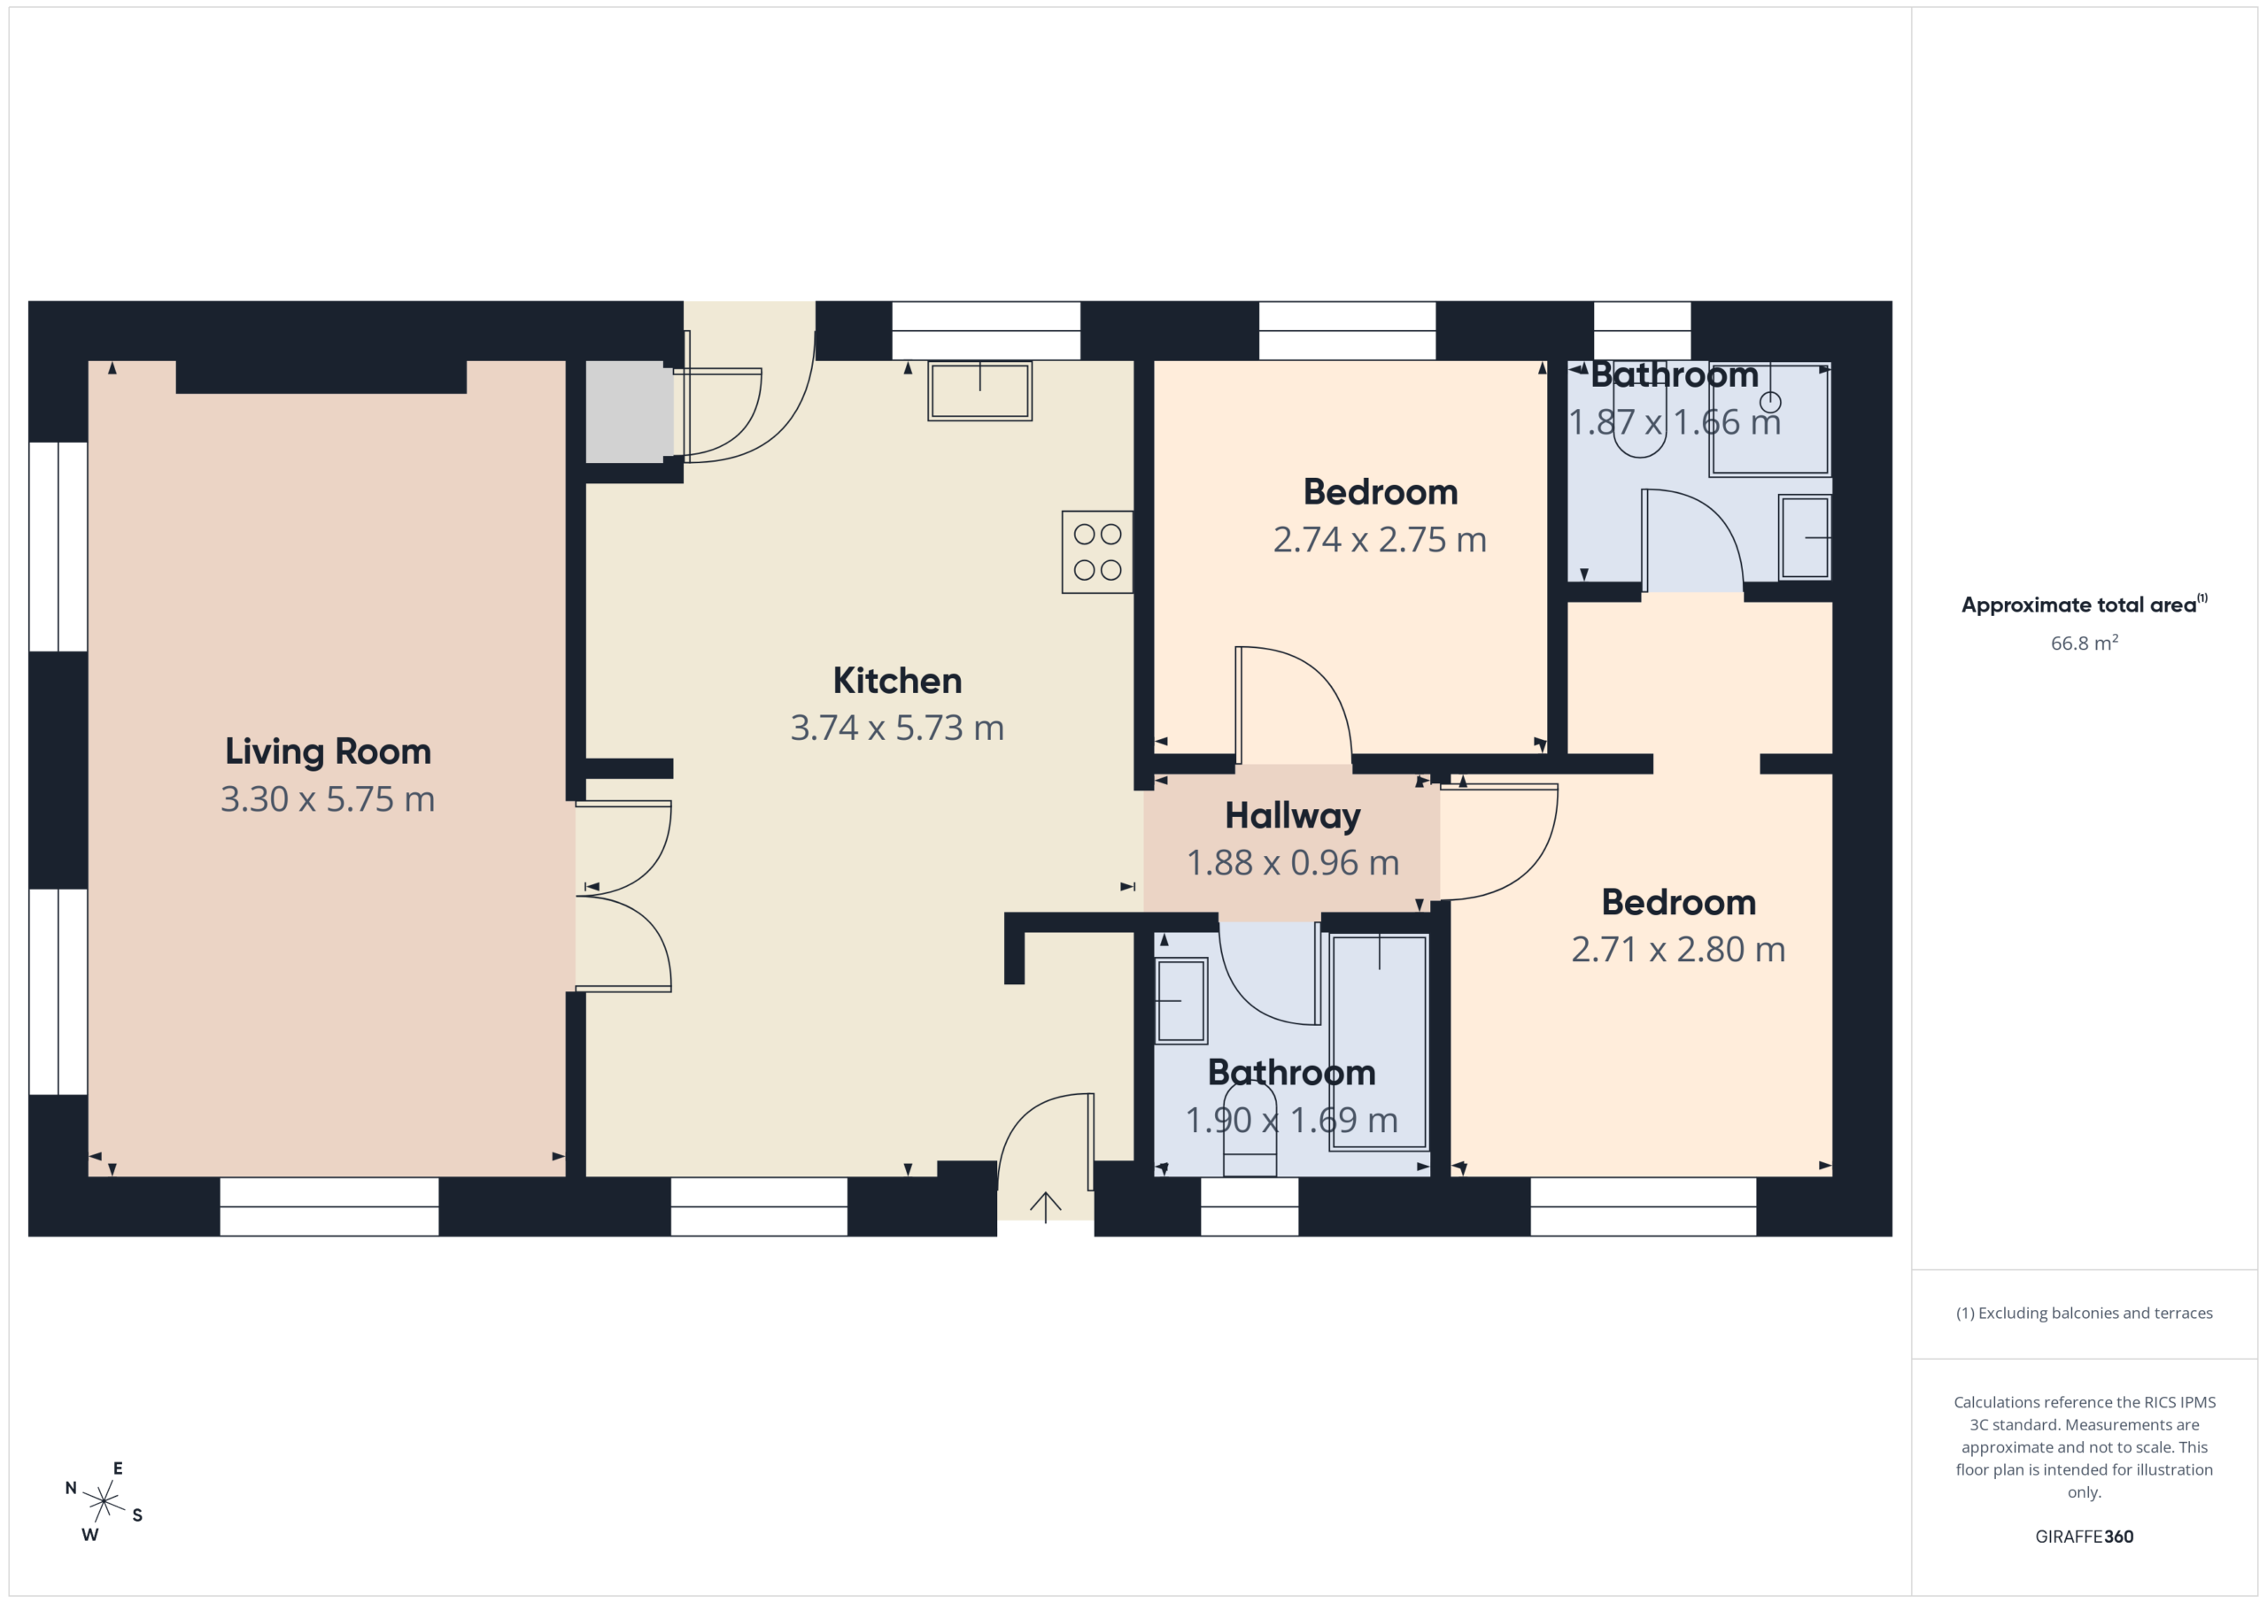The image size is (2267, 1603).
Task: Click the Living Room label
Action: [328, 752]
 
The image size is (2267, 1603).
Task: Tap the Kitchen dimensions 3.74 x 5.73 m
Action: [898, 728]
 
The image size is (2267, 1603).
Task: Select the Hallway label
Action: [1293, 816]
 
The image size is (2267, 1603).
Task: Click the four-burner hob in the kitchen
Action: [1097, 551]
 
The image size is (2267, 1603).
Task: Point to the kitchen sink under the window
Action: [979, 391]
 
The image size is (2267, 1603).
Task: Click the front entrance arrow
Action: [1046, 1207]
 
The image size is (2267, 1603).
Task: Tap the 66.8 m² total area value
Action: [2085, 643]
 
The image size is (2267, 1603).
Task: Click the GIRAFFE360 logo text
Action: [2085, 1536]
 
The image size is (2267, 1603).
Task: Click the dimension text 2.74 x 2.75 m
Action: [1380, 540]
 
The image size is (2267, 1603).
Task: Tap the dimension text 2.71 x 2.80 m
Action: [1678, 950]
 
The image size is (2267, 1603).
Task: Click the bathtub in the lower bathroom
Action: [1380, 1041]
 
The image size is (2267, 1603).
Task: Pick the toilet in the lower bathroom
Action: [1250, 1130]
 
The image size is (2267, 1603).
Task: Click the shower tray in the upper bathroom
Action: [1770, 419]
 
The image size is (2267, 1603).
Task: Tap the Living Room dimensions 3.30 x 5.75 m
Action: [328, 799]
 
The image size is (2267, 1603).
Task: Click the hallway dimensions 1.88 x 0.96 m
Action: [1293, 864]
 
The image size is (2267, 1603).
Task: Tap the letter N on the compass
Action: [71, 1488]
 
